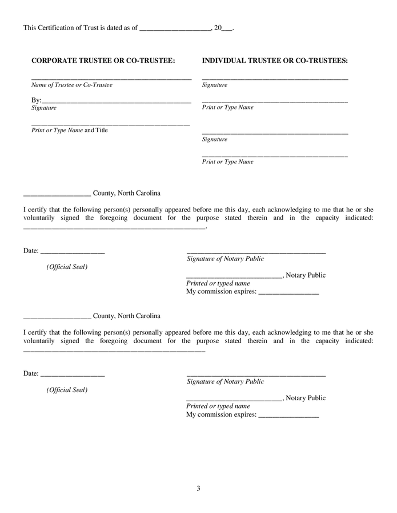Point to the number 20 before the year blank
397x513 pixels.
(218, 27)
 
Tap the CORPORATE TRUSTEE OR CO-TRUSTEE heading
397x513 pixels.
(103, 60)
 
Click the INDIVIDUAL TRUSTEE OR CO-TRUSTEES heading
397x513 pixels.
(275, 60)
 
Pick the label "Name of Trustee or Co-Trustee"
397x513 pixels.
(71, 85)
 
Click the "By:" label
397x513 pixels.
(36, 100)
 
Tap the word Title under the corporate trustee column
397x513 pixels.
(101, 130)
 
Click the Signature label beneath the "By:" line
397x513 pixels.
(44, 108)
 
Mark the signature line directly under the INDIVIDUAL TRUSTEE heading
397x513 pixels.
(275, 78)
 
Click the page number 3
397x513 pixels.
(198, 488)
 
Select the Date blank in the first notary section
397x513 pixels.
(73, 251)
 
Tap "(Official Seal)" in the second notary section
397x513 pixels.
(67, 390)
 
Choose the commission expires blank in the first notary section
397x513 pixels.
(288, 293)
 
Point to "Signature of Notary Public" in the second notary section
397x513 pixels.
(225, 381)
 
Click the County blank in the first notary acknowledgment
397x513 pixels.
(57, 194)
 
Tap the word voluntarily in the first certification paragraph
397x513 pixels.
(39, 218)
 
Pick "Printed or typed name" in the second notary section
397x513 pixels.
(218, 406)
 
